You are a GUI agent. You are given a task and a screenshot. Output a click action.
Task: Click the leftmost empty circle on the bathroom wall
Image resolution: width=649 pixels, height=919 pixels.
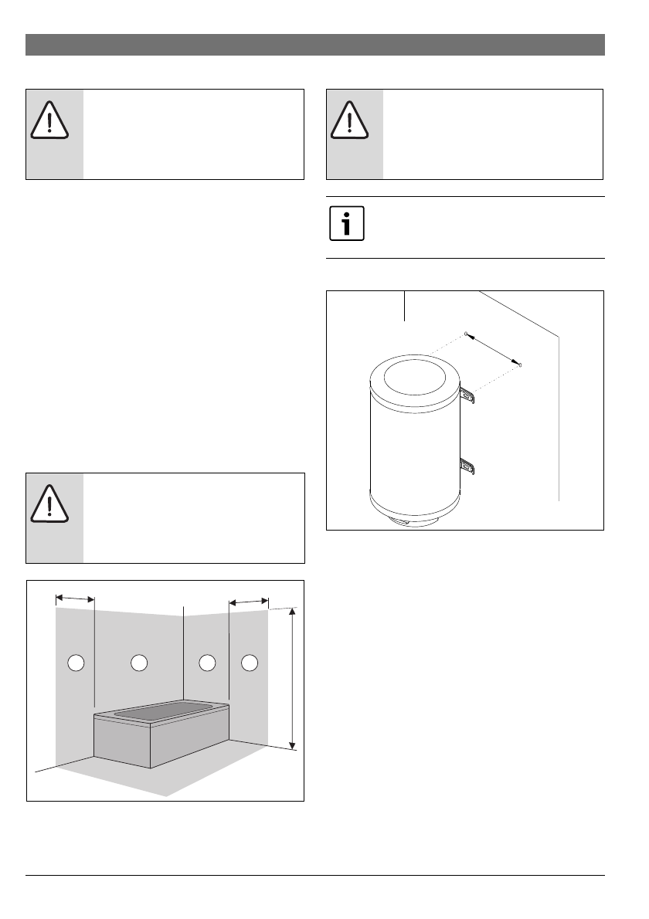(76, 662)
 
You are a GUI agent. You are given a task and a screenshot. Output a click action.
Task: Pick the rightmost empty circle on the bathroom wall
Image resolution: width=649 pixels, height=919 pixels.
(250, 662)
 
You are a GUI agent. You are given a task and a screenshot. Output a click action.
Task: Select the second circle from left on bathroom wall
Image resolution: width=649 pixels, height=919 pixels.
(139, 662)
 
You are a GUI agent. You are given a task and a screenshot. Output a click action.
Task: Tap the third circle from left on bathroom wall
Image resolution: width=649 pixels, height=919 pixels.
(206, 662)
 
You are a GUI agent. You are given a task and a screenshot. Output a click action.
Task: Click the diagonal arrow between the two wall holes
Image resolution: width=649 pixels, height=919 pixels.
(493, 348)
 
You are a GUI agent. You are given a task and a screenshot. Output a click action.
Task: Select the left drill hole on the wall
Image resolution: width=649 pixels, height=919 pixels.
(466, 333)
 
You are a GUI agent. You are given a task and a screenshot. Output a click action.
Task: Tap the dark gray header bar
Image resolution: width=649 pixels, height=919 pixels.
(315, 45)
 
